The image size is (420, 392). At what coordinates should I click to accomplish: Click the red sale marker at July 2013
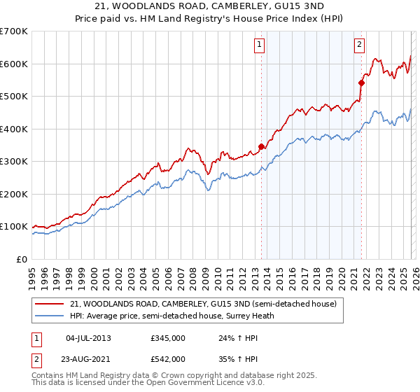pos(261,147)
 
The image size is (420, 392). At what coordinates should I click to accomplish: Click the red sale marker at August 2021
pos(362,83)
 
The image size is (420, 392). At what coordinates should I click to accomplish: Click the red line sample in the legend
pos(50,304)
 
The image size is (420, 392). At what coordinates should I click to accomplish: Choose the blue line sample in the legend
pos(50,316)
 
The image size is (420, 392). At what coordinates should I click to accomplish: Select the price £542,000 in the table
pos(168,358)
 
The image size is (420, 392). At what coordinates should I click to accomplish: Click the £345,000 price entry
pos(168,338)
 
